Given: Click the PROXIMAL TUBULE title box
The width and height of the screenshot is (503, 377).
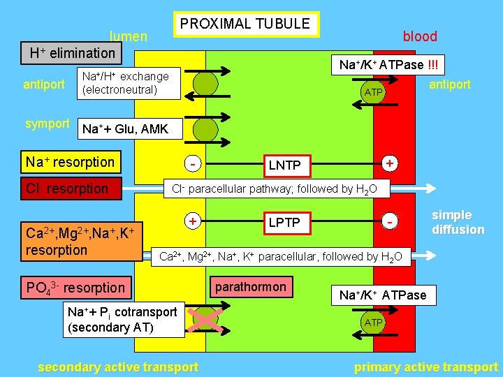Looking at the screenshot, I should pos(245,24).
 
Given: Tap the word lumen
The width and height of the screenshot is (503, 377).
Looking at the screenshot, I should pos(128,36).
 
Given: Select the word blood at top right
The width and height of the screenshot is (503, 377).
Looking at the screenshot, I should pos(420,36).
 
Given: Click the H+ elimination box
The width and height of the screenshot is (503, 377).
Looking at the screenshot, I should pos(72,53).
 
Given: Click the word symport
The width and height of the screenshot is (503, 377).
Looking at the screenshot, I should pos(47,124).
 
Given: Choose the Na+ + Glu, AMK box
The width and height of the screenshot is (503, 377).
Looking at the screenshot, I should pos(123,128).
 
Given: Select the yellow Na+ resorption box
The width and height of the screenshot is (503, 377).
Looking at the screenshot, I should pos(70,162).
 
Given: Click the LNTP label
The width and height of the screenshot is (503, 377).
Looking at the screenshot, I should pos(284,165).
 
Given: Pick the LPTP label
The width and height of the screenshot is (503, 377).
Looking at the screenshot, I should pos(284,222).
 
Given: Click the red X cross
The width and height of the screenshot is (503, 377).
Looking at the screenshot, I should pos(205,320).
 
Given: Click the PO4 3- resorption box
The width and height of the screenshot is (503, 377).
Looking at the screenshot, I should pos(75,287).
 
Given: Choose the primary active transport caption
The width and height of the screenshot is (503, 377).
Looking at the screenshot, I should pos(426,367).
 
